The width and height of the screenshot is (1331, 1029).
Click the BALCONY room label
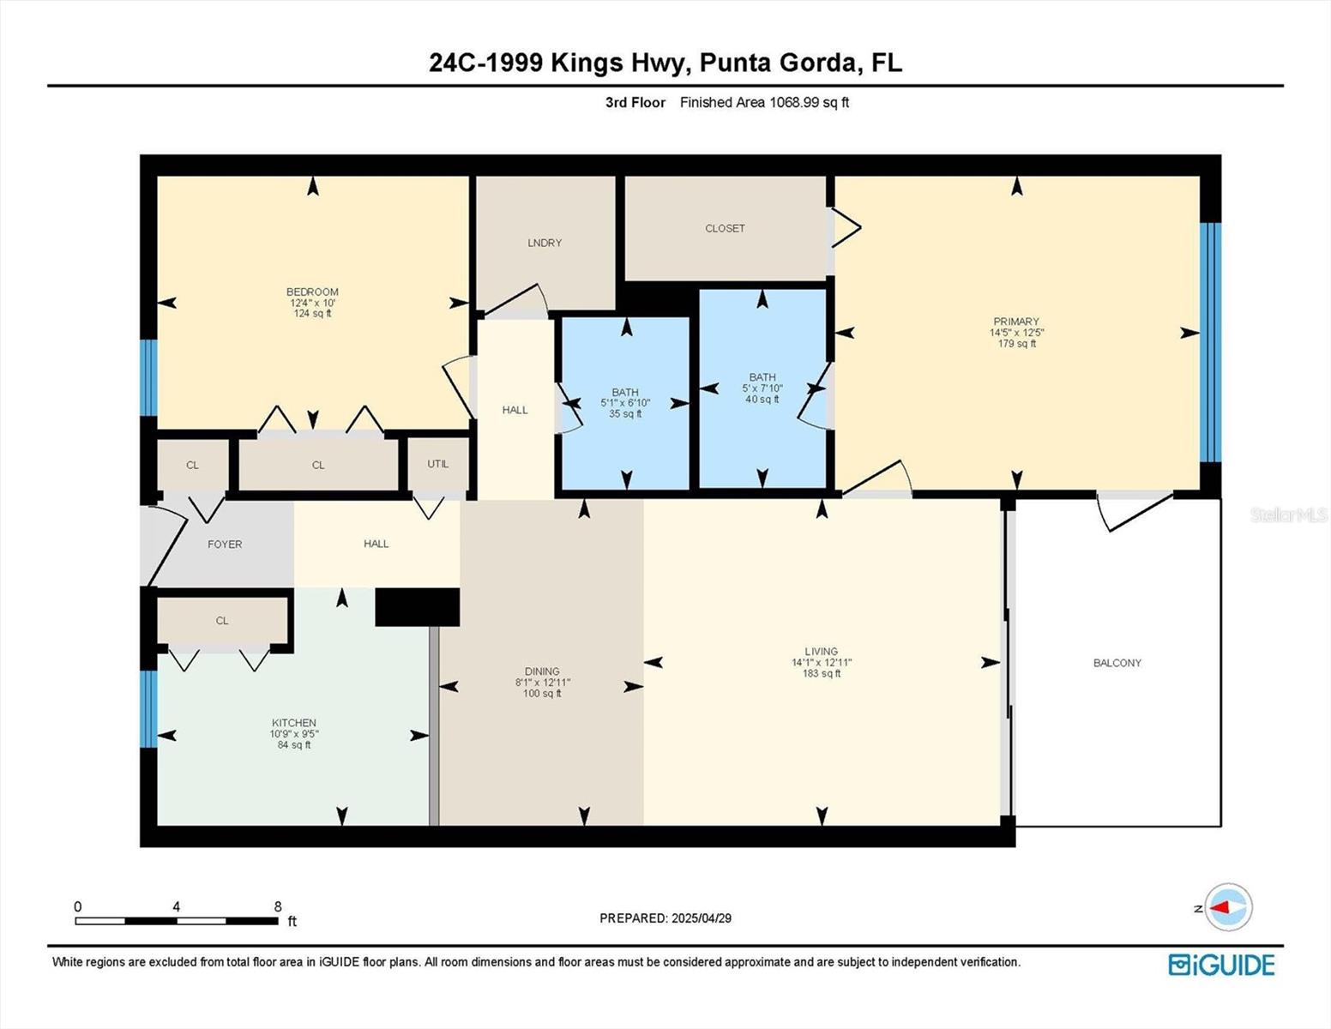click(1117, 663)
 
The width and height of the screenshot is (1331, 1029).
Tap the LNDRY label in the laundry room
click(545, 243)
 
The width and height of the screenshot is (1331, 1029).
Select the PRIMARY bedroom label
click(1016, 322)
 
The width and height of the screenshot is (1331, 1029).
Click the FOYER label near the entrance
click(225, 545)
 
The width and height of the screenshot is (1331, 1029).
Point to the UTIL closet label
click(438, 464)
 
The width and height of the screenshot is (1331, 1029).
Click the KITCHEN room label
click(294, 723)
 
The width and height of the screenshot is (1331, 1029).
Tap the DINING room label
click(542, 671)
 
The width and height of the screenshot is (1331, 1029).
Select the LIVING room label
click(821, 652)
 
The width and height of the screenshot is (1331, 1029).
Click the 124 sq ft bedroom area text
click(313, 314)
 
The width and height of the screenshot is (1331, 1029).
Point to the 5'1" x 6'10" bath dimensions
click(625, 403)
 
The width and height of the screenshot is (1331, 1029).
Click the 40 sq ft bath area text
click(762, 399)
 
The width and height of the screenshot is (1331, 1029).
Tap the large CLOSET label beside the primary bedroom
click(725, 228)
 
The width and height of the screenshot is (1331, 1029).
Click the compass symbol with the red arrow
click(1228, 907)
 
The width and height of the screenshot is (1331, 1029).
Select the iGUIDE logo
click(1221, 965)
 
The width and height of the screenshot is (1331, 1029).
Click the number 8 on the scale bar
click(278, 906)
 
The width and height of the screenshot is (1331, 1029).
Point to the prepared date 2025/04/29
click(702, 918)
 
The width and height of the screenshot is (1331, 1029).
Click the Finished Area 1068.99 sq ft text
click(764, 102)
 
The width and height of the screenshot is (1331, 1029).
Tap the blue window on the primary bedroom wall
click(1209, 342)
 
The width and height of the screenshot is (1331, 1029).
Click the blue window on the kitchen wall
click(148, 708)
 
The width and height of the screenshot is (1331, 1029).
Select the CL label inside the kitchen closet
click(222, 621)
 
